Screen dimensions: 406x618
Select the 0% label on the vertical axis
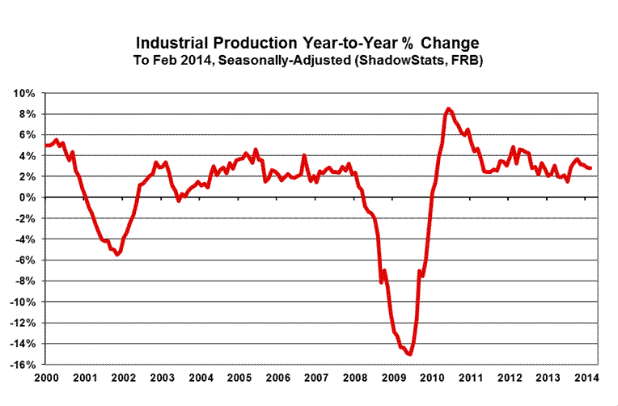coord(28,197)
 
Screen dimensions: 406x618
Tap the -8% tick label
coord(25,281)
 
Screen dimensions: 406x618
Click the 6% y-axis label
coord(28,135)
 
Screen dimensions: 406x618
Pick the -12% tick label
coord(23,323)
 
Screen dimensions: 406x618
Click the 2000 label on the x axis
coord(44,378)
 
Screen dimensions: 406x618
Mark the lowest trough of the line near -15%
coord(409,353)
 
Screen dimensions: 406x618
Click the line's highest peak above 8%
coord(449,108)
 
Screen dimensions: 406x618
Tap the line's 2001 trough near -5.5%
coord(118,254)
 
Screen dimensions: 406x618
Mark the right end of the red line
coord(590,168)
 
